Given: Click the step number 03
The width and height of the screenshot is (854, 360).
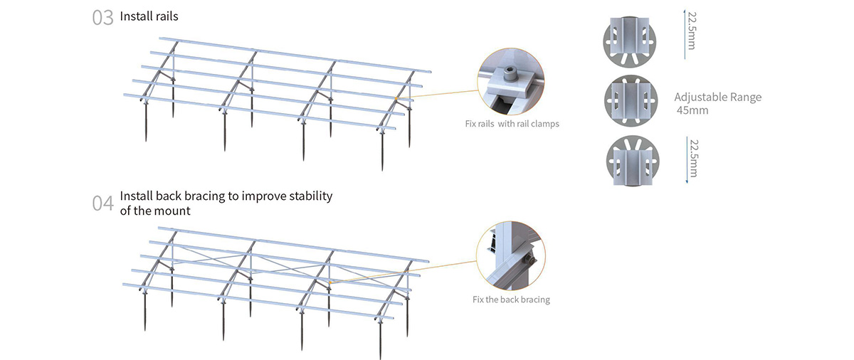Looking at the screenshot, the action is click(x=102, y=18).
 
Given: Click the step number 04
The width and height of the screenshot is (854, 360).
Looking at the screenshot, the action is click(x=102, y=203).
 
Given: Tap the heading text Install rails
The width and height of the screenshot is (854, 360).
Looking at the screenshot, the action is click(x=149, y=16).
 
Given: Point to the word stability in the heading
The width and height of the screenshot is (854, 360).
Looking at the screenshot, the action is click(x=311, y=196).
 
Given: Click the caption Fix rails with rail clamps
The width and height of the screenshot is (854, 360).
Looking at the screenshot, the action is click(x=512, y=124).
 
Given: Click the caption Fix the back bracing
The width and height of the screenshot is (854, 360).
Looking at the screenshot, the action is click(x=511, y=300).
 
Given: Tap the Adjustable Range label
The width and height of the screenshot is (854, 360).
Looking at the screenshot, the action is click(x=718, y=97).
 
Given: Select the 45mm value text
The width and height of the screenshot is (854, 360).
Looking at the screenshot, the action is click(x=692, y=110).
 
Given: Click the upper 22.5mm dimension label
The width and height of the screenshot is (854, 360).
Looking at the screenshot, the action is click(x=692, y=31).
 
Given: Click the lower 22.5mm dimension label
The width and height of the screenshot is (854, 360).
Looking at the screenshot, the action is click(x=694, y=159).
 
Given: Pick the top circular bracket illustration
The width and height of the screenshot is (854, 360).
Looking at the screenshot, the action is click(x=629, y=42).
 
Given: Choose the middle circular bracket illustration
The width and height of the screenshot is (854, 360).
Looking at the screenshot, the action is click(x=631, y=101).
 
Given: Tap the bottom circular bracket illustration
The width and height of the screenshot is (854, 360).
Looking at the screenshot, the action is click(x=633, y=161).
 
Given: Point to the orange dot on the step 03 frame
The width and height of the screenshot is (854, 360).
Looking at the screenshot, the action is click(x=396, y=98).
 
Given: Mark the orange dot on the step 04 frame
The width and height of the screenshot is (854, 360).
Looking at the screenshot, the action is click(x=330, y=282).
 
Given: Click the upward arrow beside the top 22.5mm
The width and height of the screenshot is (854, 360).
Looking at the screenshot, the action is click(x=685, y=34).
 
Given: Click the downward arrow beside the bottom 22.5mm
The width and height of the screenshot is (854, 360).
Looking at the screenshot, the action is click(x=687, y=160).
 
